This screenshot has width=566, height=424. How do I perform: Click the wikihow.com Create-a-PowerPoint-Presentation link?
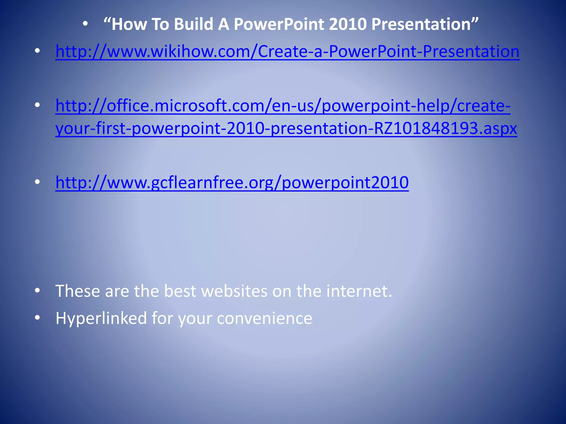tap(287, 52)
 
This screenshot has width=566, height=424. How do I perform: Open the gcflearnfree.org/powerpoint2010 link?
tap(232, 182)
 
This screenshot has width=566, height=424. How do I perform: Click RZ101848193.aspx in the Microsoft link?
tap(445, 128)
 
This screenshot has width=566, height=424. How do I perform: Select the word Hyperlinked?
tap(101, 318)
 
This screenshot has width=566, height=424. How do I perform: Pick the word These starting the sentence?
tap(77, 291)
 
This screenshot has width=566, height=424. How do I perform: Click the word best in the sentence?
tap(180, 291)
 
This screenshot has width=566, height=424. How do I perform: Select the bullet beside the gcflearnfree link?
tap(37, 182)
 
